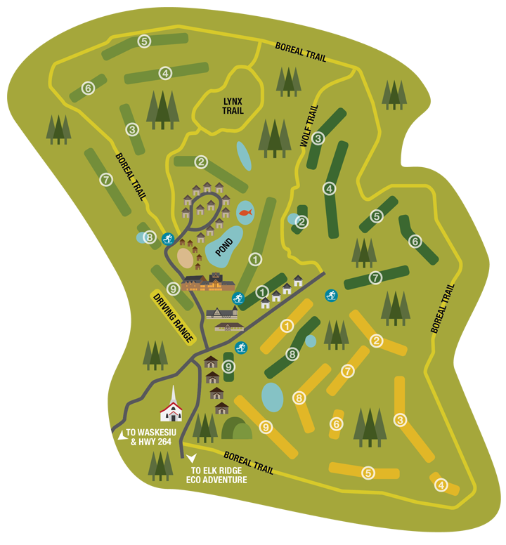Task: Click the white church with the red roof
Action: pyautogui.click(x=171, y=407)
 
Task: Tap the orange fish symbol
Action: pyautogui.click(x=245, y=211)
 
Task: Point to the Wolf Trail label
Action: pyautogui.click(x=309, y=126)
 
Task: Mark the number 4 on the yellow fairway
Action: pyautogui.click(x=441, y=485)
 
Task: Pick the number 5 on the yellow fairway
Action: pyautogui.click(x=368, y=473)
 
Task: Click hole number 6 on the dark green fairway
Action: pyautogui.click(x=415, y=241)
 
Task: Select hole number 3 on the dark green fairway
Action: pyautogui.click(x=318, y=138)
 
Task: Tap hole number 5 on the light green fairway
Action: pyautogui.click(x=144, y=41)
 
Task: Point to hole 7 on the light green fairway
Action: pyautogui.click(x=106, y=179)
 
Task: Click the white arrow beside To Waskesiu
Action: pyautogui.click(x=122, y=435)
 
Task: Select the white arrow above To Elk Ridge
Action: pyautogui.click(x=192, y=458)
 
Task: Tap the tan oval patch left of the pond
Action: pyautogui.click(x=186, y=258)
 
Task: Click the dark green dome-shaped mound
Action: pyautogui.click(x=236, y=428)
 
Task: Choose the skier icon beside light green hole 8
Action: pyautogui.click(x=167, y=239)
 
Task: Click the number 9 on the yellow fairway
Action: pyautogui.click(x=266, y=426)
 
